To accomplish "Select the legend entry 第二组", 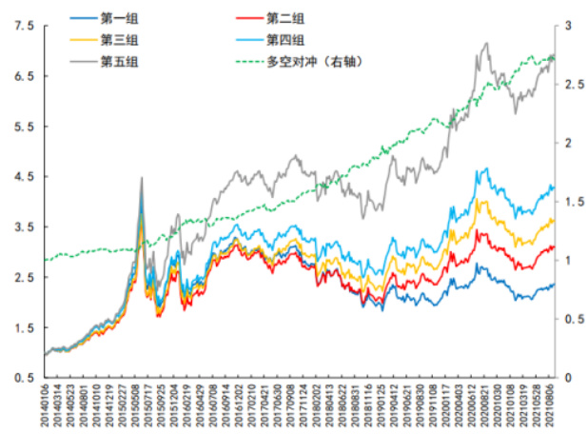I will tap(284, 16).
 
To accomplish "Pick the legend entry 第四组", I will tap(284, 39).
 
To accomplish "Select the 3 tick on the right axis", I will tap(568, 26).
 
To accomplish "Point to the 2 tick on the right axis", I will tap(568, 143).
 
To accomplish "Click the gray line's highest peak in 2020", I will tap(486, 43).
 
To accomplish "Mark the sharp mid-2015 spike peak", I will tap(142, 178).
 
